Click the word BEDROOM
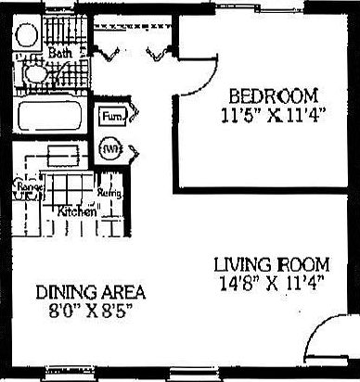point(274,95)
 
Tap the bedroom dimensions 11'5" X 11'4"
point(274,117)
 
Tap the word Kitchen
point(77,210)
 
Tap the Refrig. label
point(109,195)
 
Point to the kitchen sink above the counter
point(61,154)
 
